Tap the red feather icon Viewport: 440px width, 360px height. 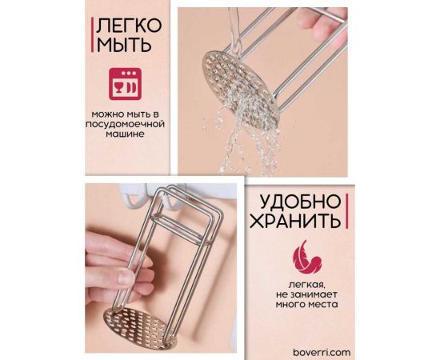click(303, 258)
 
